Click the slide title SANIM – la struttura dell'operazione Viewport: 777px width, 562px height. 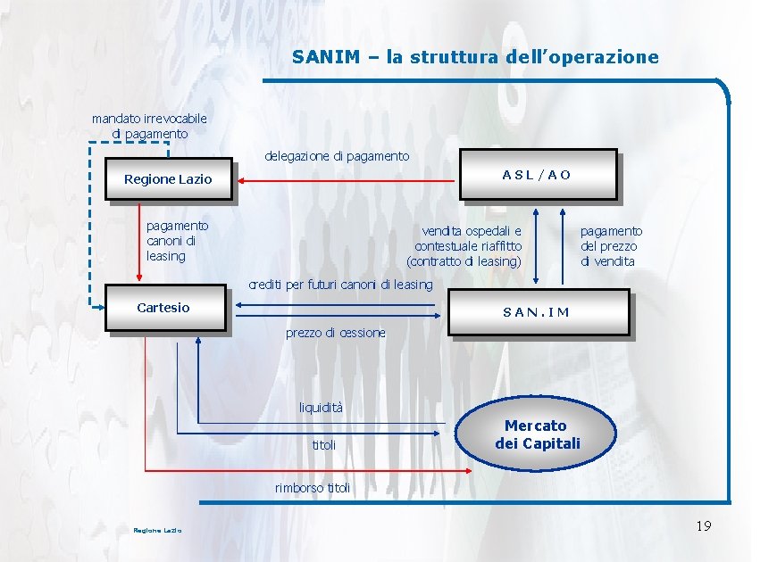(475, 57)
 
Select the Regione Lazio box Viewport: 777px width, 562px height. (168, 179)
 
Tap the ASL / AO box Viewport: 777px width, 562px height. (536, 174)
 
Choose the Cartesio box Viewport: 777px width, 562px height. (164, 308)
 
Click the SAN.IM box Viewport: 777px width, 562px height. (536, 312)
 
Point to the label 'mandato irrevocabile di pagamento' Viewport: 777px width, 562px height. (149, 126)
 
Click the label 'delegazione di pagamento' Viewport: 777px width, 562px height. (337, 156)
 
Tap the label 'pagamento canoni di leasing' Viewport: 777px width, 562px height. (177, 241)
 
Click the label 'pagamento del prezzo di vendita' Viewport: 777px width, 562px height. (611, 246)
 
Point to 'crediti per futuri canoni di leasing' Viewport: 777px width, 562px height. (340, 285)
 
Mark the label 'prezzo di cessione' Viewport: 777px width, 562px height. (336, 333)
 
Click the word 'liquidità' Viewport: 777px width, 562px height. (321, 408)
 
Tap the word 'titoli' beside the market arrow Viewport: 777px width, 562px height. (324, 444)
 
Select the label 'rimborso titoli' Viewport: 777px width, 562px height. (313, 488)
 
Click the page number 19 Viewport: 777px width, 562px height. (703, 526)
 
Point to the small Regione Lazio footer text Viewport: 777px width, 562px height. (157, 531)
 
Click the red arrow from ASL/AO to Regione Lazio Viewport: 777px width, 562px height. (348, 180)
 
